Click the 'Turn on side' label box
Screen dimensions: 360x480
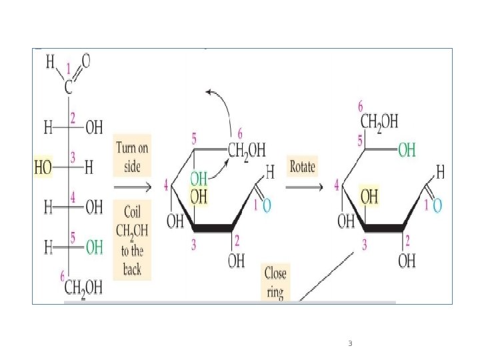pos(133,157)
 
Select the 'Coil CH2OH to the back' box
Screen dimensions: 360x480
pos(132,241)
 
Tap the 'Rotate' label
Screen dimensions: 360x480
pos(301,167)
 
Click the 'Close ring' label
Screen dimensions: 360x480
pos(274,283)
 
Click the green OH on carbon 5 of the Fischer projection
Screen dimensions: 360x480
pos(94,247)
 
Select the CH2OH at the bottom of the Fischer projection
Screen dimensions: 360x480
pos(83,288)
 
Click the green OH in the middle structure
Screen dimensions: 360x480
pos(199,178)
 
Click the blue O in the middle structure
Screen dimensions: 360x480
pos(267,206)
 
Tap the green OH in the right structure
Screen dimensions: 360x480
pos(407,151)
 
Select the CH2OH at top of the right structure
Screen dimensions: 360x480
pos(379,122)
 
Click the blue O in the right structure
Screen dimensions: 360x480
pos(437,206)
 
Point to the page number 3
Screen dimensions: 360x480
pos(350,344)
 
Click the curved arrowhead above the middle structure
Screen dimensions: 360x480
pos(209,92)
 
